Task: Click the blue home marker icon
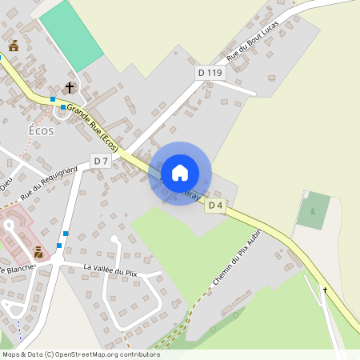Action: pyautogui.click(x=180, y=173)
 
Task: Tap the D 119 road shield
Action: pyautogui.click(x=211, y=73)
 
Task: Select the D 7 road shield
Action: pyautogui.click(x=100, y=161)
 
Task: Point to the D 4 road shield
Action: pyautogui.click(x=214, y=206)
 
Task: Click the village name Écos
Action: pyautogui.click(x=41, y=130)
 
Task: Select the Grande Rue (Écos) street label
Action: pyautogui.click(x=93, y=127)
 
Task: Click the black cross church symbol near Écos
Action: pyautogui.click(x=70, y=87)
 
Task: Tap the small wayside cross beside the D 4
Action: pyautogui.click(x=325, y=289)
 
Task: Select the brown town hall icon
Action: pyautogui.click(x=13, y=46)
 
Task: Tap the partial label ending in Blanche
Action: pyautogui.click(x=18, y=269)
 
